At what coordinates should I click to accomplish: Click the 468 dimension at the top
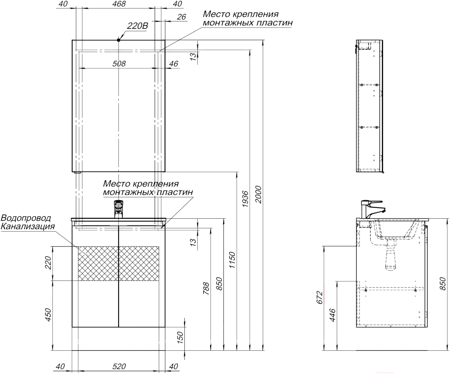point(119,4)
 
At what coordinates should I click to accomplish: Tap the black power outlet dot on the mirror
point(118,40)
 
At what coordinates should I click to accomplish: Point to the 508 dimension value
point(119,64)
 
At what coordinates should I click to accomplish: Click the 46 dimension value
point(174,64)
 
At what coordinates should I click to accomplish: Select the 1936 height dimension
point(245,198)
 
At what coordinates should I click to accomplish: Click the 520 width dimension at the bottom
point(119,367)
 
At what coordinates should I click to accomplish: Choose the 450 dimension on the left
point(47,315)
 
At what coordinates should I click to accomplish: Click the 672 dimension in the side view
point(319,297)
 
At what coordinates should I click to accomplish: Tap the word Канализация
point(28,227)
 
